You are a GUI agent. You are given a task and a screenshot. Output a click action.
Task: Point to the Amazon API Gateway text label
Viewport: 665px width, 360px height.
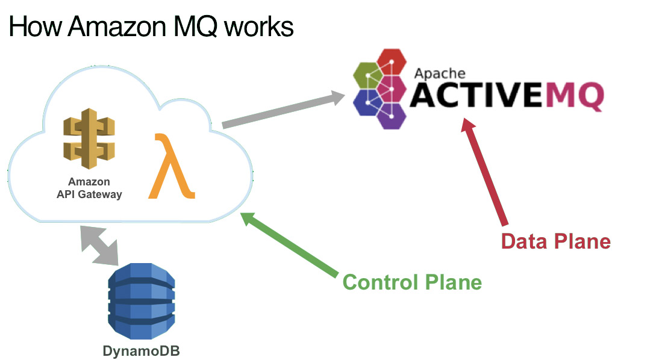click(x=89, y=188)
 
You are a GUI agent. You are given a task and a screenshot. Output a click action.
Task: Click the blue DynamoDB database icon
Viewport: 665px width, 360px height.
click(x=142, y=301)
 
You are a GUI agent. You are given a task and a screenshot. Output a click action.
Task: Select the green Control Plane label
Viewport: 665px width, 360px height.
click(x=412, y=282)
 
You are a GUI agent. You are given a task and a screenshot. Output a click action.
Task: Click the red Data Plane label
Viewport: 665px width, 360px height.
click(x=555, y=241)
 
